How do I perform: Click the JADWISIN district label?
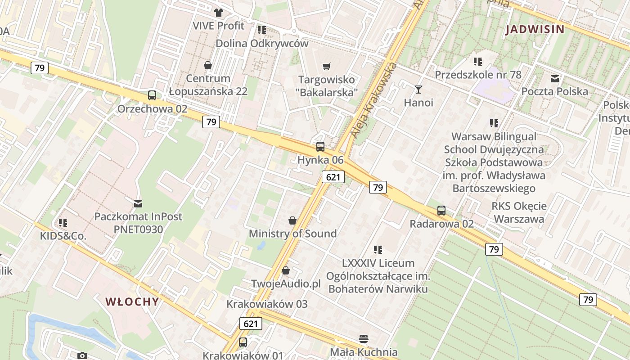tap(535, 30)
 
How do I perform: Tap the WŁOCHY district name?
tap(132, 301)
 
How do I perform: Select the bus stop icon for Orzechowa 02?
tap(152, 95)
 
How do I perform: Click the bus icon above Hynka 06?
tap(320, 146)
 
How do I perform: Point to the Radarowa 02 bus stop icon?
tap(441, 210)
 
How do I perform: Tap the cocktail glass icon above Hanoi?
tap(418, 90)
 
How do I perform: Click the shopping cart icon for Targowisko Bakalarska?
tap(327, 67)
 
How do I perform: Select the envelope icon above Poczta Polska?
tap(555, 79)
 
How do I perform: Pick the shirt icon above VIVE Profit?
tap(219, 13)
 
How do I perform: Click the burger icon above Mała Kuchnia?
tap(364, 338)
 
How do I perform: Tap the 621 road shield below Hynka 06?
tap(333, 177)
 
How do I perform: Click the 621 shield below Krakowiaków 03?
tap(251, 324)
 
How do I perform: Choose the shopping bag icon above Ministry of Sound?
tap(292, 220)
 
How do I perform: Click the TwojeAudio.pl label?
tap(286, 284)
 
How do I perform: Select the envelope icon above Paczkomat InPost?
tap(138, 204)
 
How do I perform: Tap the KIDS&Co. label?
tap(63, 236)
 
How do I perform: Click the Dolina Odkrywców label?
tap(262, 44)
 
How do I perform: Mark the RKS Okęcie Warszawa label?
tap(519, 213)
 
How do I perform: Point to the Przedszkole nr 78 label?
tap(478, 75)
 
